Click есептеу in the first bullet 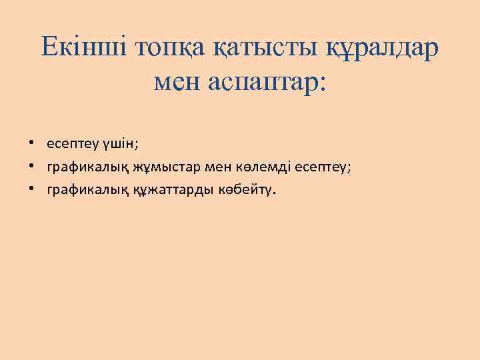point(71,144)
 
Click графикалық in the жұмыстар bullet point(81,167)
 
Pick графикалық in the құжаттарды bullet point(81,190)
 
